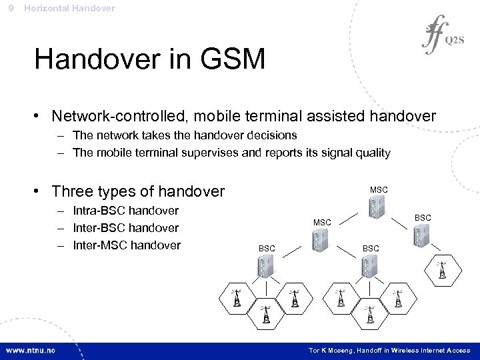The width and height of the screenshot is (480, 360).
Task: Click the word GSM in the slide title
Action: (227, 59)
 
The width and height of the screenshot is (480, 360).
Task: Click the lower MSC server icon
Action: (323, 236)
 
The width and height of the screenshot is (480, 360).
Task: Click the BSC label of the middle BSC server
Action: (371, 248)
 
